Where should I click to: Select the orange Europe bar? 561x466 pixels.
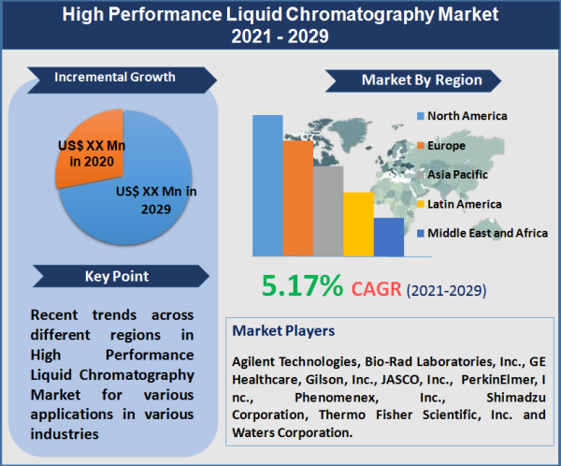298,197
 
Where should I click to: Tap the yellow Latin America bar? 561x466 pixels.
358,224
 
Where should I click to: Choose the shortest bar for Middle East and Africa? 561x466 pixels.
388,237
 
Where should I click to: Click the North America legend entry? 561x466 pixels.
467,116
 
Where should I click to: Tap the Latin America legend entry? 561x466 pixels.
464,203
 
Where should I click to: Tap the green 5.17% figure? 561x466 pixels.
301,285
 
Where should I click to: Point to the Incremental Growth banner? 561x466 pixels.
115,77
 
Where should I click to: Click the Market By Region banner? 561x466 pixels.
421,80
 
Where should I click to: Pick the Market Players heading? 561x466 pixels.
281,331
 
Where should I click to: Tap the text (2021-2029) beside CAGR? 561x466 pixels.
446,290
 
